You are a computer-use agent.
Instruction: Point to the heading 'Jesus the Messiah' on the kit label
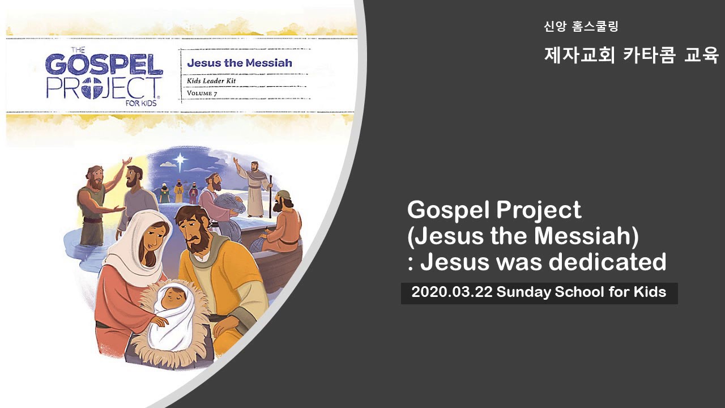pyautogui.click(x=240, y=63)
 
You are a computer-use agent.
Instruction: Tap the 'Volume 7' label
pyautogui.click(x=202, y=93)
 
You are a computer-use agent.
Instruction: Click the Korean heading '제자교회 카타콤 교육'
pyautogui.click(x=631, y=55)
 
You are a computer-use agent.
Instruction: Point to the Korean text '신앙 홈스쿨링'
pyautogui.click(x=581, y=26)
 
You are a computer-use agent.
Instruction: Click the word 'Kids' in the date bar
pyautogui.click(x=650, y=293)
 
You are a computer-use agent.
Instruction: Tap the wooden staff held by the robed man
pyautogui.click(x=270, y=195)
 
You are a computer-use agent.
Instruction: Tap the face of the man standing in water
pyautogui.click(x=95, y=177)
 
